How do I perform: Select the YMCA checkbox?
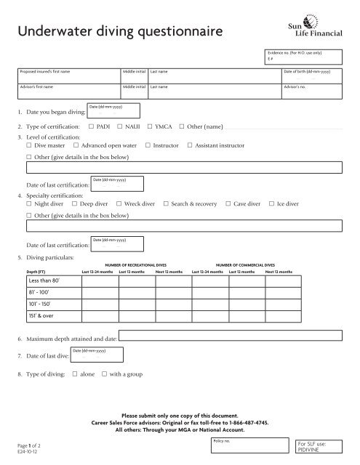pos(149,126)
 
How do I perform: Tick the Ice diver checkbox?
pos(271,206)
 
